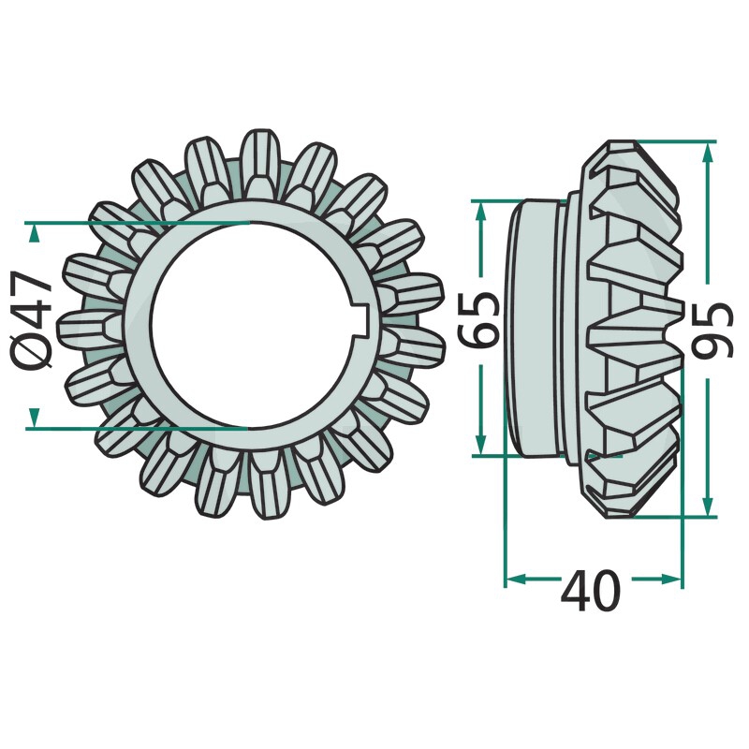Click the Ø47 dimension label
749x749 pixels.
32,320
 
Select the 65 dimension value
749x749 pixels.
477,319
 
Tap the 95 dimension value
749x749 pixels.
712,330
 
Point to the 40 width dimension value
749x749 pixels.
591,590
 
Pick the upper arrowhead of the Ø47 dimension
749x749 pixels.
33,234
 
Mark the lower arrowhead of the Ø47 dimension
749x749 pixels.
33,417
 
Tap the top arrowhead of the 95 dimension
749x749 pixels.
709,153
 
